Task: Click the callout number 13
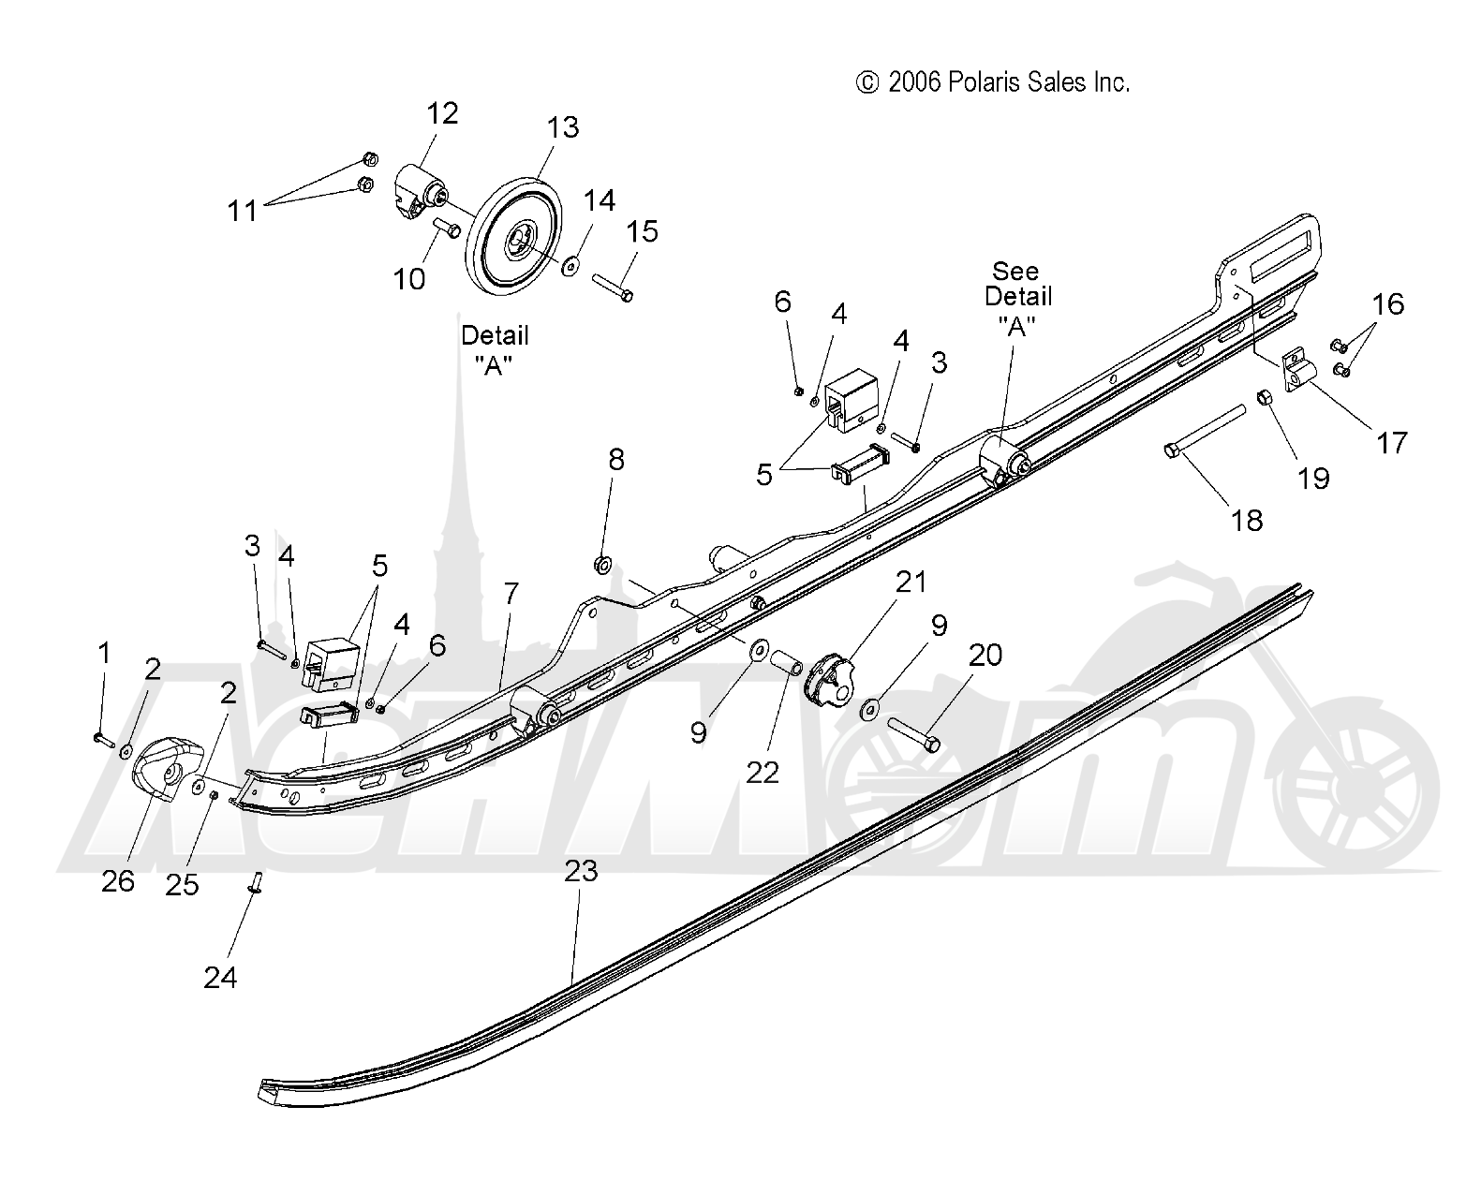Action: [562, 127]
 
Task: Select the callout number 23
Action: [582, 870]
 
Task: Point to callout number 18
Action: [1247, 520]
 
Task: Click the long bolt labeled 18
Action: [1205, 431]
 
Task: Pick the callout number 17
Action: [1391, 443]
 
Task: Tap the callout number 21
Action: [911, 582]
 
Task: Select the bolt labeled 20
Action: [913, 734]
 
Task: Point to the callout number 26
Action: [117, 881]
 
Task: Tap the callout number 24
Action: [220, 978]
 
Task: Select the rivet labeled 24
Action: [256, 882]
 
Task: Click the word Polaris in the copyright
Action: [981, 82]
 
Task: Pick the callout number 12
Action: [442, 113]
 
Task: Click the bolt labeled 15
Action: [613, 288]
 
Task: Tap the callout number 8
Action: [616, 460]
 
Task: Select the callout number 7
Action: [511, 593]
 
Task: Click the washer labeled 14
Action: [571, 265]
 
